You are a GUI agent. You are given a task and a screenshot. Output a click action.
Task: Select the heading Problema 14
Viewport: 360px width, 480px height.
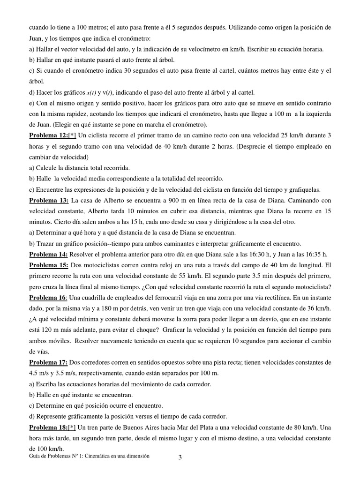pyautogui.click(x=49, y=255)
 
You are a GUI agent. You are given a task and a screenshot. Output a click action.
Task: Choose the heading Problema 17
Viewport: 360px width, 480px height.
pyautogui.click(x=49, y=363)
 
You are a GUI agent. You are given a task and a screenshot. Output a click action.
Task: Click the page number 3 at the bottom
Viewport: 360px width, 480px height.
pyautogui.click(x=180, y=458)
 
